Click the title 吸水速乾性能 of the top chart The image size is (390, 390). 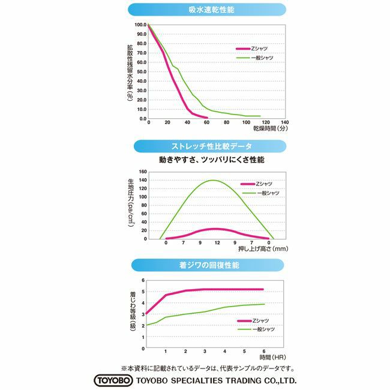(x=195, y=10)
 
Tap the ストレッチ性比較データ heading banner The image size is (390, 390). (x=195, y=146)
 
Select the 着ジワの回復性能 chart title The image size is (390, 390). (x=195, y=264)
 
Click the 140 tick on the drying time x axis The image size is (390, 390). (x=284, y=122)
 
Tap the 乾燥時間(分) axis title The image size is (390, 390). (x=271, y=129)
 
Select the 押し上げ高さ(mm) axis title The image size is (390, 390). (x=262, y=249)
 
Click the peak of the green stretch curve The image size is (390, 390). (x=213, y=180)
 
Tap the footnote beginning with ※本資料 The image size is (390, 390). (x=208, y=368)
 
